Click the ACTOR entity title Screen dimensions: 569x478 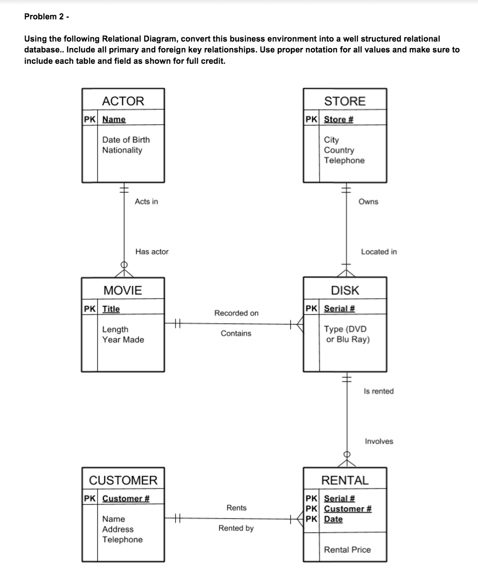pyautogui.click(x=123, y=101)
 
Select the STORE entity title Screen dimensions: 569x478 pyautogui.click(x=345, y=101)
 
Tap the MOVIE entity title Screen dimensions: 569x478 pyautogui.click(x=123, y=290)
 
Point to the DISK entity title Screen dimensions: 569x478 pyautogui.click(x=345, y=290)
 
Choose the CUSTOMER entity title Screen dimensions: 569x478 pyautogui.click(x=123, y=480)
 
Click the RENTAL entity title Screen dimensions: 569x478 pyautogui.click(x=345, y=480)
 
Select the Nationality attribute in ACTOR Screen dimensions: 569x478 pyautogui.click(x=122, y=150)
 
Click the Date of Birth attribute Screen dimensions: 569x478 pyautogui.click(x=126, y=140)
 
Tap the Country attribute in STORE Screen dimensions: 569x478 pyautogui.click(x=339, y=150)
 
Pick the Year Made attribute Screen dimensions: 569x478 pyautogui.click(x=123, y=340)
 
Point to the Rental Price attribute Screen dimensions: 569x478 pyautogui.click(x=347, y=550)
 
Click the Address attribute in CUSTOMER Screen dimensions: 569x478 pyautogui.click(x=118, y=529)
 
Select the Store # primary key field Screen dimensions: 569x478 pyautogui.click(x=339, y=119)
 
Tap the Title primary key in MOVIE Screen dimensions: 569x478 pyautogui.click(x=111, y=309)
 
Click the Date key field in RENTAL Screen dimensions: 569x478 pyautogui.click(x=333, y=519)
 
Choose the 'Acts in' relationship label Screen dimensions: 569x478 pyautogui.click(x=146, y=202)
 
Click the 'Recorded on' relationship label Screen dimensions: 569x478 pyautogui.click(x=236, y=313)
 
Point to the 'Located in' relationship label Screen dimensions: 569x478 pyautogui.click(x=379, y=252)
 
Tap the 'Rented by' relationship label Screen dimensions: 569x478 pyautogui.click(x=236, y=528)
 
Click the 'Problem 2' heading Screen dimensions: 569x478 pyautogui.click(x=46, y=17)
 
